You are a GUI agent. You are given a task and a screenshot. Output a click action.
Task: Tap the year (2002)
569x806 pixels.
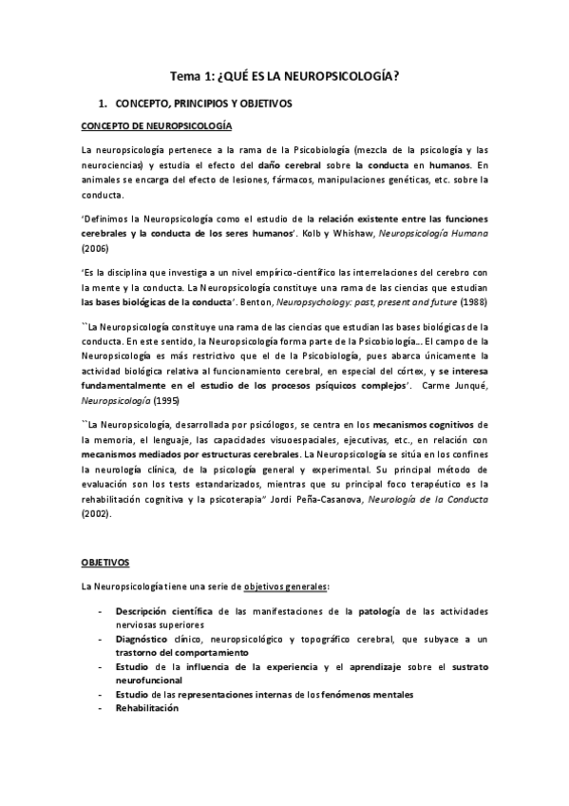point(96,514)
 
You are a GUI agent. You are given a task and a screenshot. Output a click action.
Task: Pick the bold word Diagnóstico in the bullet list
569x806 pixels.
point(145,639)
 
